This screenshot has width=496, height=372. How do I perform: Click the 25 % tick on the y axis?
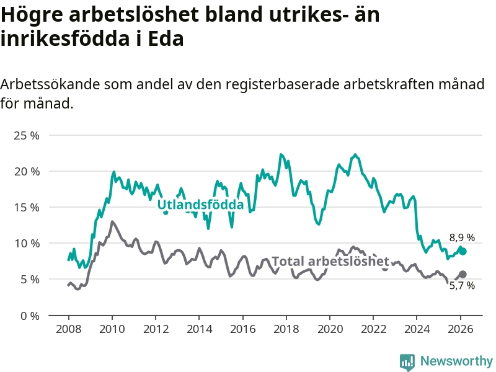(x=26, y=135)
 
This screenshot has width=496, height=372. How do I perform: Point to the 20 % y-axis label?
(x=26, y=171)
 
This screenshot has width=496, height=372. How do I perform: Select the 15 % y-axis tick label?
(x=26, y=207)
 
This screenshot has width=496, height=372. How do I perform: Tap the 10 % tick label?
(x=26, y=243)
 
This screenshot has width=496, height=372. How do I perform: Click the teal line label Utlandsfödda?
(x=200, y=204)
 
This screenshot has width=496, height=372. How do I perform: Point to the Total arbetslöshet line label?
(x=330, y=261)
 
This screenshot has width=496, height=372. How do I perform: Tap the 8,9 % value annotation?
(x=462, y=237)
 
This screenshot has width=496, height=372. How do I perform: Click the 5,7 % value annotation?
(x=462, y=286)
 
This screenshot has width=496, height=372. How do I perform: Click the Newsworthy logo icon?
(x=407, y=361)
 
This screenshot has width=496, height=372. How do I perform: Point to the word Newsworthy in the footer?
(x=456, y=361)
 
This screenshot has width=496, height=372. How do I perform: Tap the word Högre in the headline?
(x=31, y=14)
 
